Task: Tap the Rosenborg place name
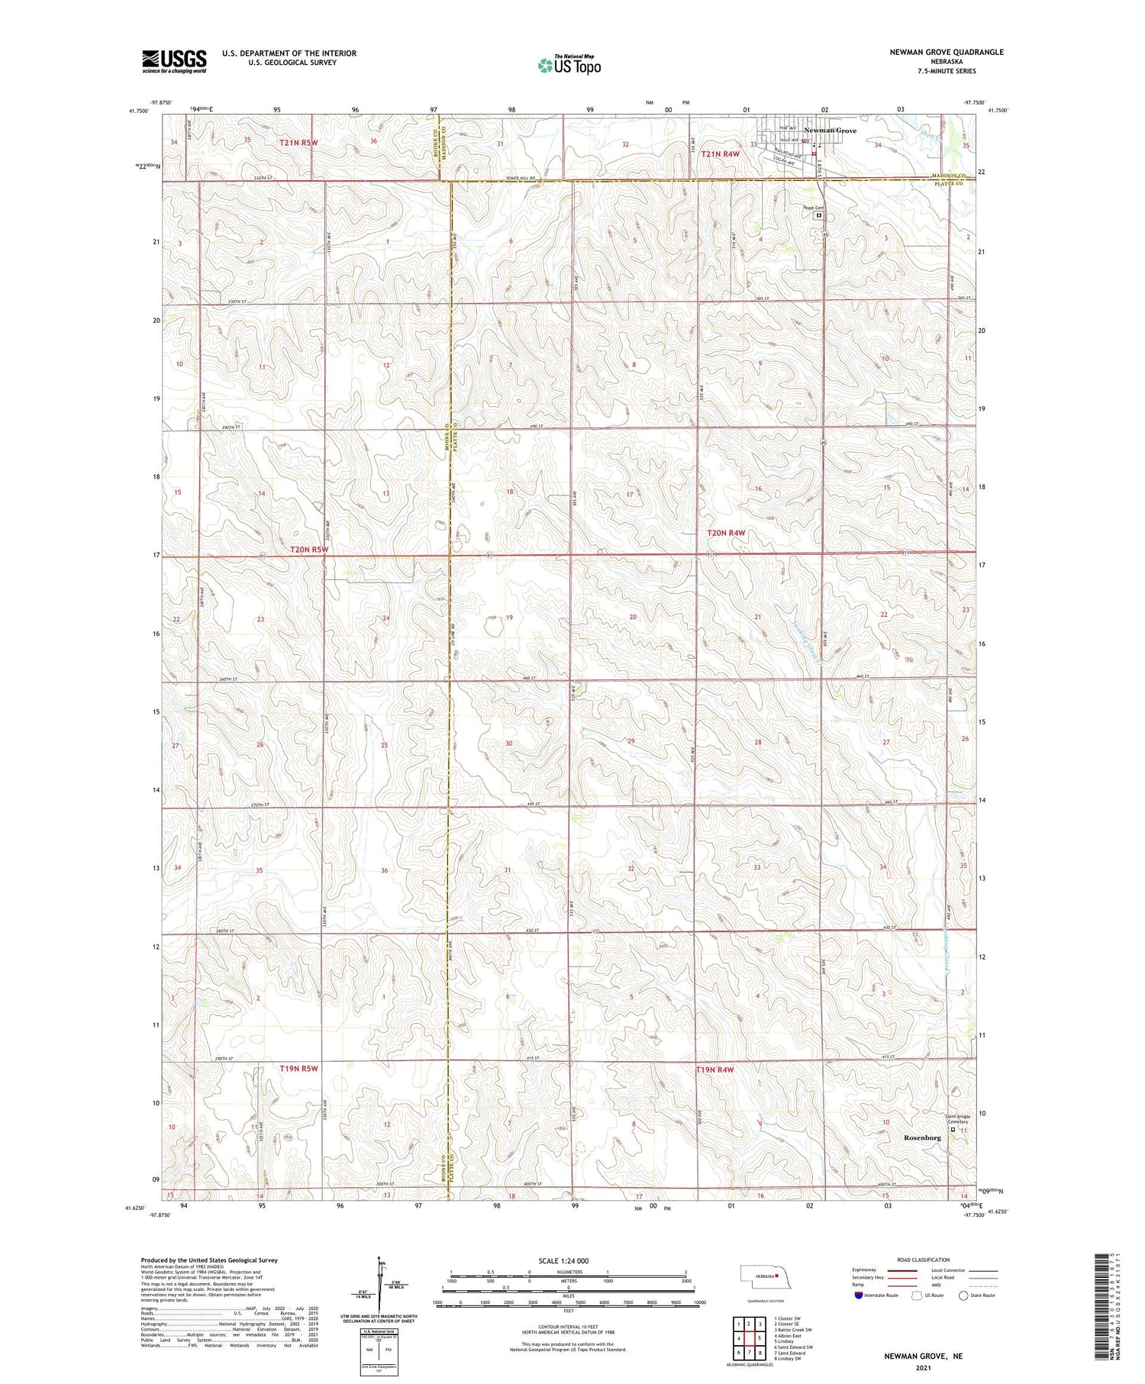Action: point(922,1137)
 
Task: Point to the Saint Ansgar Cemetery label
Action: point(957,1119)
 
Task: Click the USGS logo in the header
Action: point(174,60)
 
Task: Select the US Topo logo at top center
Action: point(569,66)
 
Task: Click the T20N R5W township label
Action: point(309,549)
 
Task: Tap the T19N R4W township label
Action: point(714,1069)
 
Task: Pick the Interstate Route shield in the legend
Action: point(859,1295)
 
